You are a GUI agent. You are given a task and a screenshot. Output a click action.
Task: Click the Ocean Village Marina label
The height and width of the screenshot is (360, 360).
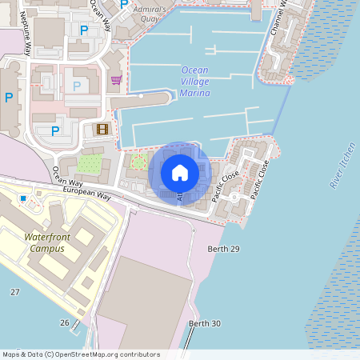(x=195, y=81)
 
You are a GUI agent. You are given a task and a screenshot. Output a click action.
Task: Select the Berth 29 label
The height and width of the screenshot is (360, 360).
(x=224, y=250)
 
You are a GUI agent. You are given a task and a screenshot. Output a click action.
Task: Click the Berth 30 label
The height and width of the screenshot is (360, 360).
(x=204, y=323)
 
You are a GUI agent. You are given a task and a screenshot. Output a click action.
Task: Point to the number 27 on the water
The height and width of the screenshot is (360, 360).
(x=14, y=292)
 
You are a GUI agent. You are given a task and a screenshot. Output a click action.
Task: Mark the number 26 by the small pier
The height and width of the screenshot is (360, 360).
(x=64, y=322)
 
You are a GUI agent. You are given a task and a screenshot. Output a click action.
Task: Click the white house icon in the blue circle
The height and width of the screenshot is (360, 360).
(x=180, y=173)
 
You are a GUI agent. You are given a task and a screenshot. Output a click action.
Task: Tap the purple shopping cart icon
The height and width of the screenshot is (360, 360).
(x=117, y=80)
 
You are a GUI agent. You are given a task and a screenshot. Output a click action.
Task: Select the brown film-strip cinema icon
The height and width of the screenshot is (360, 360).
(x=102, y=128)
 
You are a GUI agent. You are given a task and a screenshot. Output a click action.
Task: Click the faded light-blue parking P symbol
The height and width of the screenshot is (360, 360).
(x=77, y=86)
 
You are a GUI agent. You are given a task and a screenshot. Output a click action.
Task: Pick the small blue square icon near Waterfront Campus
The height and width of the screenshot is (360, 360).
(x=23, y=198)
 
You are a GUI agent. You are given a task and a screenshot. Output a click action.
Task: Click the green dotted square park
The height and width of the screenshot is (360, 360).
(x=90, y=164)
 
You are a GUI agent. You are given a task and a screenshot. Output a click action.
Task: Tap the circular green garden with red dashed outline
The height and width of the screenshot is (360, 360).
(x=138, y=163)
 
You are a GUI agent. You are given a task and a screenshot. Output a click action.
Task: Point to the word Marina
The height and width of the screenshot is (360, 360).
(x=195, y=93)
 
